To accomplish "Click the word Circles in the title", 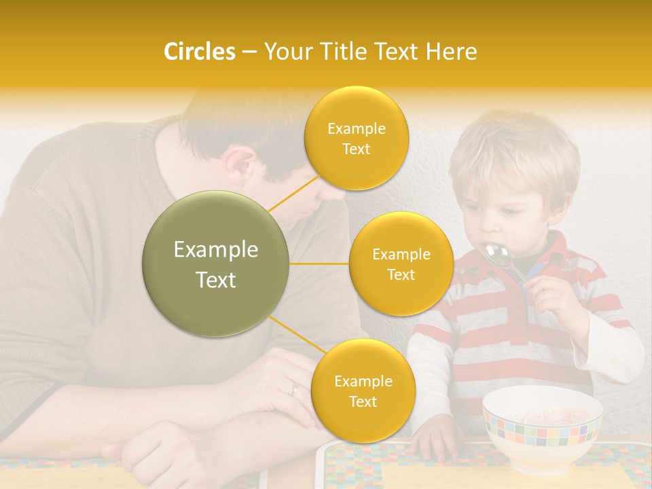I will click(x=200, y=52).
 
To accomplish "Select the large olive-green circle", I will click(x=215, y=264).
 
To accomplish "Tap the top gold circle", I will click(x=356, y=138).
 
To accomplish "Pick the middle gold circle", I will click(x=401, y=264).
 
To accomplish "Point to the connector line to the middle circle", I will click(x=319, y=264).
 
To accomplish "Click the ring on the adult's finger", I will click(x=294, y=389).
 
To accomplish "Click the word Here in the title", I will click(x=452, y=52).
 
